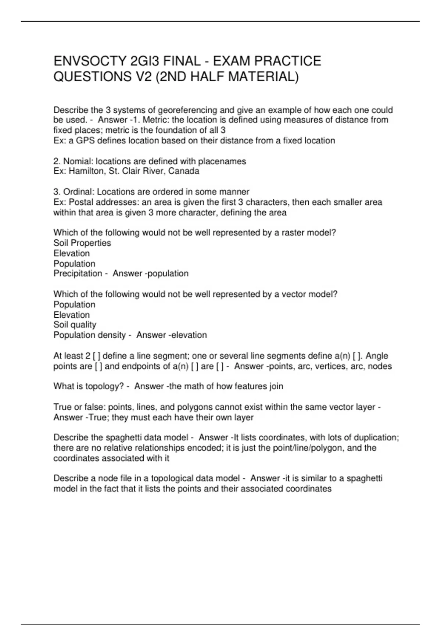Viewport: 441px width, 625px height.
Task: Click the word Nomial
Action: point(78,161)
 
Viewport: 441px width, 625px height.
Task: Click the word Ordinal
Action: point(78,192)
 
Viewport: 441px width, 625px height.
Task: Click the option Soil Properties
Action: point(82,243)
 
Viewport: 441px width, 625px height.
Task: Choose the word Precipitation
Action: point(78,274)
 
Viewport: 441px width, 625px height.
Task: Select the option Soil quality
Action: point(75,325)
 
